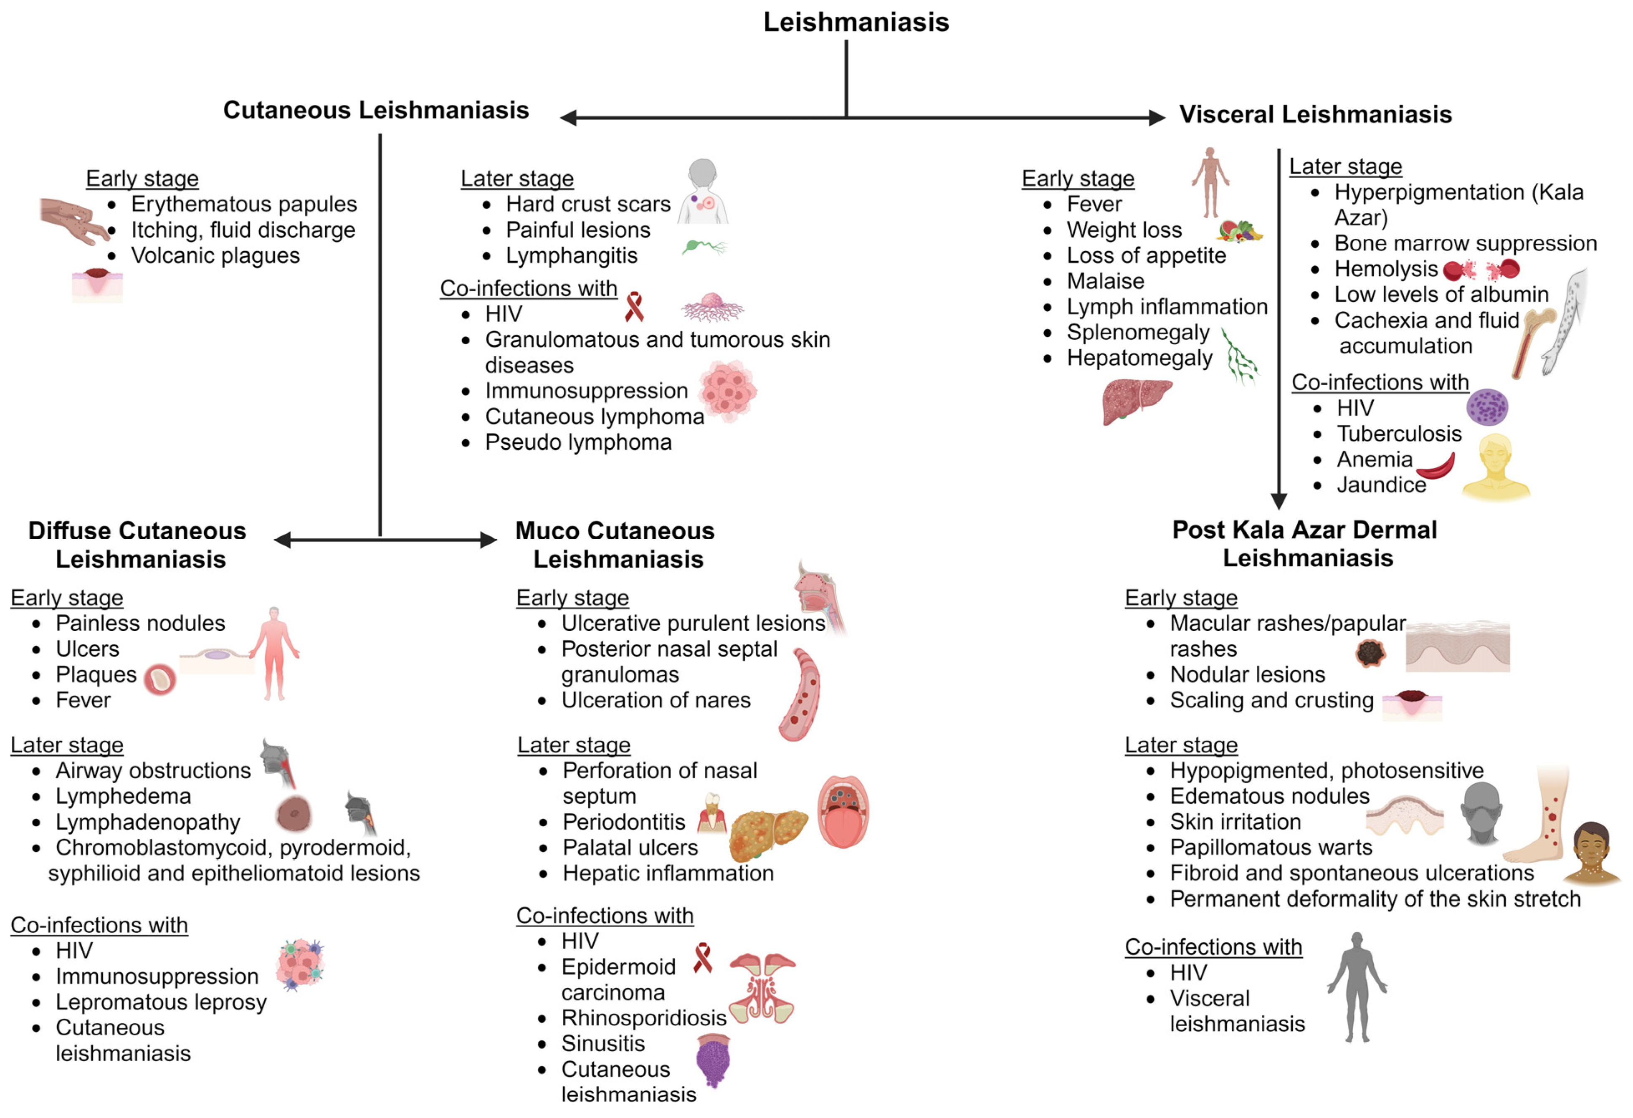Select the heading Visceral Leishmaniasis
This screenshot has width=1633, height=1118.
1315,114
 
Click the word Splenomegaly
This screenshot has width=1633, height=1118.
1138,332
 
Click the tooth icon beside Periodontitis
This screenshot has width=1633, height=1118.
712,814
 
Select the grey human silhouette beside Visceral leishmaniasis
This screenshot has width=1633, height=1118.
1356,987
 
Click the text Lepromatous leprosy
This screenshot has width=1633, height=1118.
161,1002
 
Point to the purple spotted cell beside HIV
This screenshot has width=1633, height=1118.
1487,407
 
